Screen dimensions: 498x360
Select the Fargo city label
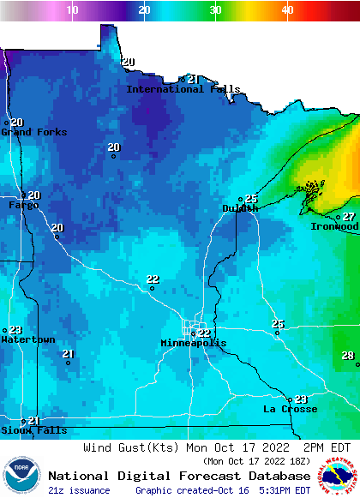pyautogui.click(x=23, y=205)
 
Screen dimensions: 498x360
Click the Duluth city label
pyautogui.click(x=239, y=208)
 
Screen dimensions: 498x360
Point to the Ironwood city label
pyautogui.click(x=333, y=226)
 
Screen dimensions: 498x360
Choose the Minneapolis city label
pyautogui.click(x=194, y=343)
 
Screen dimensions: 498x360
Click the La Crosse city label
pyautogui.click(x=290, y=409)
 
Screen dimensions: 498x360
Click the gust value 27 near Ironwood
pyautogui.click(x=349, y=217)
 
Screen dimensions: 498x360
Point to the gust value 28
pyautogui.click(x=347, y=356)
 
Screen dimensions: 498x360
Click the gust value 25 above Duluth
pyautogui.click(x=251, y=199)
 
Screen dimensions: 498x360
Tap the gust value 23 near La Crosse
pyautogui.click(x=301, y=399)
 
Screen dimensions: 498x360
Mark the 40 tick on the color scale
pyautogui.click(x=287, y=9)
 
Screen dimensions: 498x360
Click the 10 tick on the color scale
pyautogui.click(x=72, y=9)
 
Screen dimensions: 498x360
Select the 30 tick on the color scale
pyautogui.click(x=215, y=9)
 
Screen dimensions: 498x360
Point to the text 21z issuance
pyautogui.click(x=79, y=490)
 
